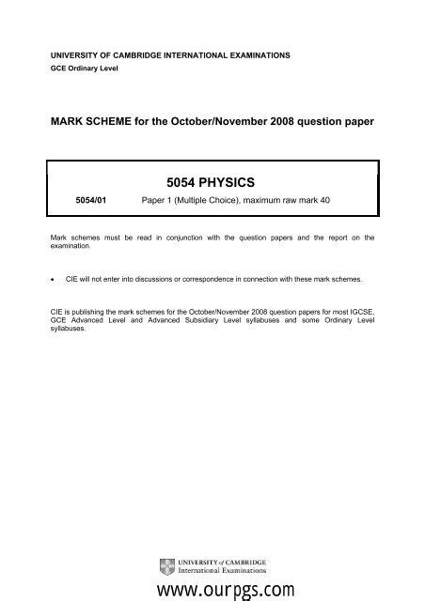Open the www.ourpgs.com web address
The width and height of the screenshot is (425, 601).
(214, 589)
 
